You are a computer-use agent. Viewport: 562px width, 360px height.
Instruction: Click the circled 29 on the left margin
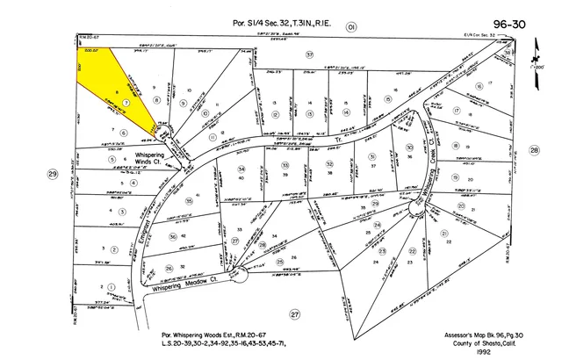[x=52, y=176]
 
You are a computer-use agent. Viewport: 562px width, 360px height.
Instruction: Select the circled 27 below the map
[x=295, y=313]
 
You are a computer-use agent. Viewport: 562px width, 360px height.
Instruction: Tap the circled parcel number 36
[x=172, y=236]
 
